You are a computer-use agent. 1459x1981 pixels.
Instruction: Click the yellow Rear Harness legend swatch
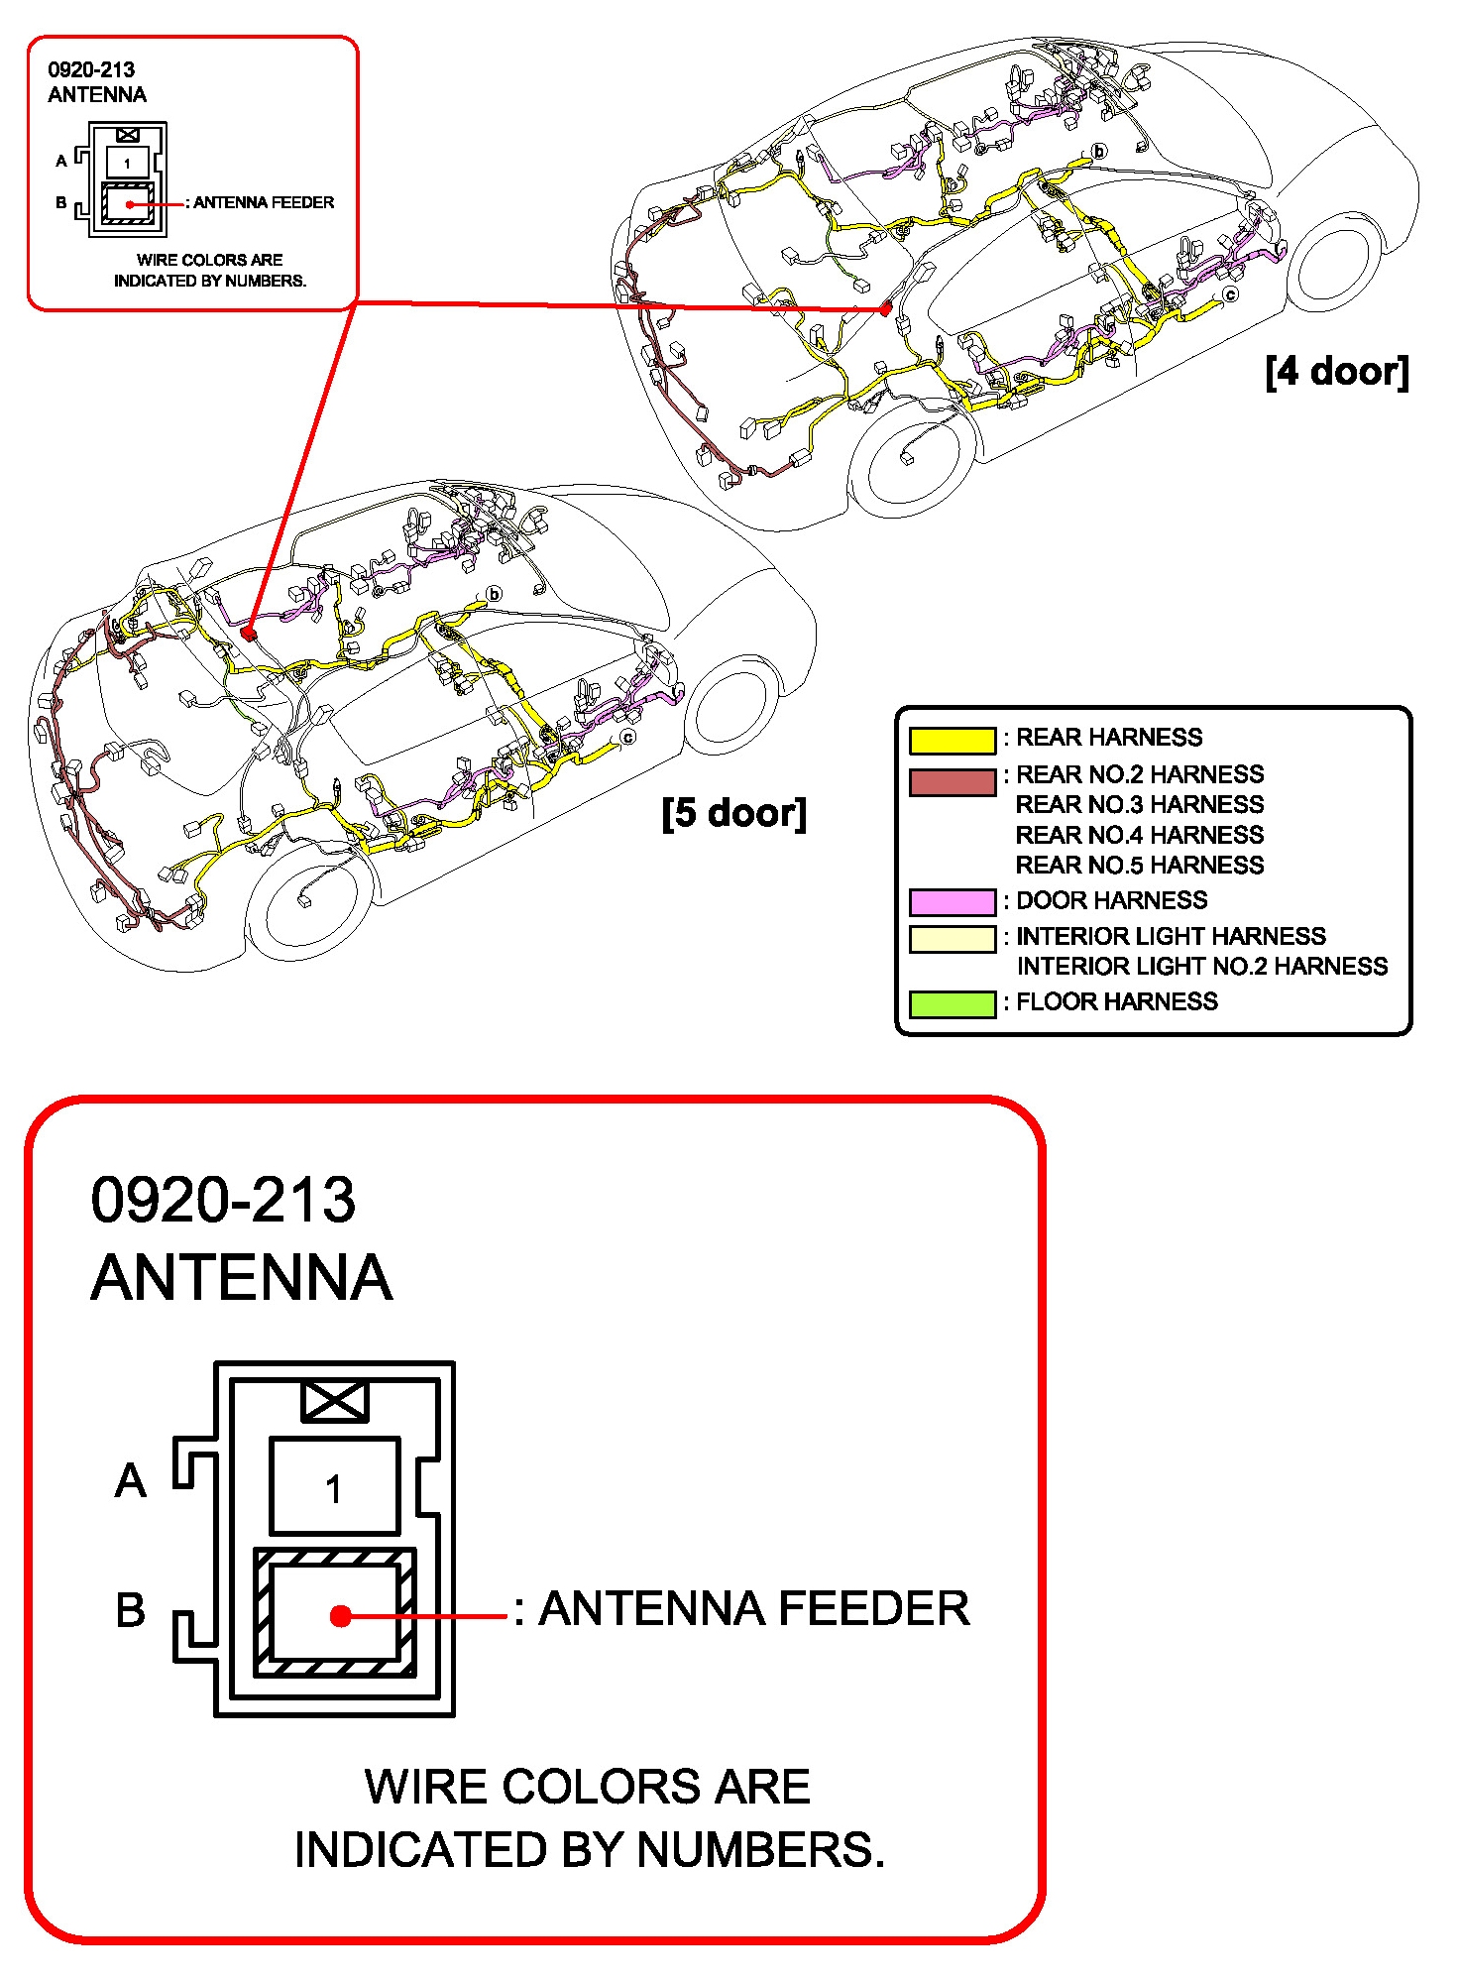click(x=952, y=740)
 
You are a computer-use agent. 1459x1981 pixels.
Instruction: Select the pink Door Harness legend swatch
click(x=952, y=901)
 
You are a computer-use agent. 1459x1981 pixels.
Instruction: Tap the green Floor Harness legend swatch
click(x=952, y=1003)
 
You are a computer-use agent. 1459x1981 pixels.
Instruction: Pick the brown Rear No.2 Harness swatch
click(x=952, y=781)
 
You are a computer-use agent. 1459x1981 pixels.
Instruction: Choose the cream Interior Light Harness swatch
click(x=952, y=938)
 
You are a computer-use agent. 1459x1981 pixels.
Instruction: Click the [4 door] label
click(x=1336, y=372)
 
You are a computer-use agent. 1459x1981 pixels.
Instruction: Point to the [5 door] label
click(x=733, y=813)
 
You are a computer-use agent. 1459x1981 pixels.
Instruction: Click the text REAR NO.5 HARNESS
click(x=1140, y=866)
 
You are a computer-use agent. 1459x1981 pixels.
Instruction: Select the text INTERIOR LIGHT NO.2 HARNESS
click(x=1201, y=967)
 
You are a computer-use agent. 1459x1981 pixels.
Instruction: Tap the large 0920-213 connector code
click(x=223, y=1200)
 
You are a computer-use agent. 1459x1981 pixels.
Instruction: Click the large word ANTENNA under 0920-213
click(x=242, y=1277)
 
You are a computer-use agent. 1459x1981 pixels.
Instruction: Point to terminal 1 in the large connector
click(x=334, y=1488)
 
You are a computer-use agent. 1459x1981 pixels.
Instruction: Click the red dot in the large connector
click(x=340, y=1616)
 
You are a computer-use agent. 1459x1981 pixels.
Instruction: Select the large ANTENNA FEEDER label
click(x=753, y=1608)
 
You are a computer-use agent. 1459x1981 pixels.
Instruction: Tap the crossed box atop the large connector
click(x=335, y=1401)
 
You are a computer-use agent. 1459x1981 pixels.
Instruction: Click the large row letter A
click(x=131, y=1481)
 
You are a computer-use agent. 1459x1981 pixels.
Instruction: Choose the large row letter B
click(x=131, y=1610)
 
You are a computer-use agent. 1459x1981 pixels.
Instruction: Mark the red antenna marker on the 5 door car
click(x=248, y=631)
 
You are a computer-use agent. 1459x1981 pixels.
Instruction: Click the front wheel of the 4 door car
click(x=908, y=458)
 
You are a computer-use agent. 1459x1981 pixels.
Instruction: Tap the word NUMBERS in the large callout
click(x=759, y=1850)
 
